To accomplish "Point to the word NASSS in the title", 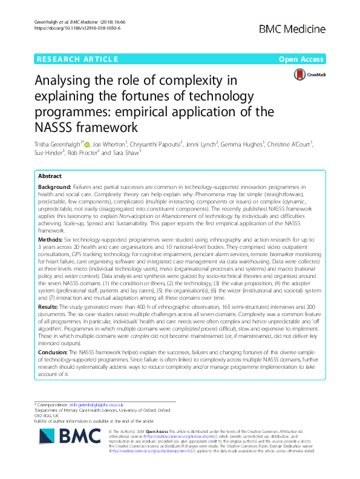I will [x=56, y=128].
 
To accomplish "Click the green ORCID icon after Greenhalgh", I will [x=87, y=145].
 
